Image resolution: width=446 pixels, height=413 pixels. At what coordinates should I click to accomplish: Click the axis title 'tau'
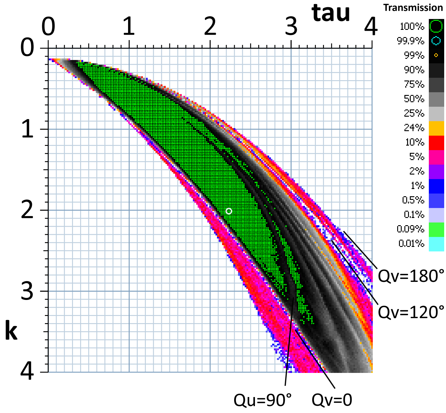(x=331, y=14)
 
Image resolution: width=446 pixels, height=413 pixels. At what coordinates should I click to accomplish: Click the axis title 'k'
(x=11, y=331)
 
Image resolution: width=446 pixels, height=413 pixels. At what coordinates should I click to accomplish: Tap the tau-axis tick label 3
(x=291, y=27)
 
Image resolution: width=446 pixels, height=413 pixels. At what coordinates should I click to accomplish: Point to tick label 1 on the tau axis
(x=129, y=27)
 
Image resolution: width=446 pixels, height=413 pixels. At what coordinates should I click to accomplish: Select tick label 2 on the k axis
(x=27, y=210)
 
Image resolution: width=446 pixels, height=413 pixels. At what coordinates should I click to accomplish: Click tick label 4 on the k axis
(x=27, y=373)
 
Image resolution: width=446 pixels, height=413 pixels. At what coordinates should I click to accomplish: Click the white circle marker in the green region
(x=229, y=211)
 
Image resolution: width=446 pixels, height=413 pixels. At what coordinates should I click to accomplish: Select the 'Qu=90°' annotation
(x=263, y=400)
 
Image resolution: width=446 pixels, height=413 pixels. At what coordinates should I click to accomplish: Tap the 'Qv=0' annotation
(x=332, y=400)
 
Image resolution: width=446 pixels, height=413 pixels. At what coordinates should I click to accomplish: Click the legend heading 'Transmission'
(x=413, y=8)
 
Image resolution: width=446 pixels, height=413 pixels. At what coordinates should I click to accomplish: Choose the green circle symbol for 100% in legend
(x=436, y=26)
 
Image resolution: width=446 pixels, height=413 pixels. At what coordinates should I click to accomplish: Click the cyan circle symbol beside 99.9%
(x=436, y=41)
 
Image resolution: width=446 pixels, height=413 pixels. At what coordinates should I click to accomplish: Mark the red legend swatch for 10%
(x=436, y=143)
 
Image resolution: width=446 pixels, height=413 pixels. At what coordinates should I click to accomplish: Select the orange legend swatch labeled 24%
(x=436, y=128)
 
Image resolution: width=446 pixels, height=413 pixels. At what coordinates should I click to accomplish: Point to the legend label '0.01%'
(x=411, y=244)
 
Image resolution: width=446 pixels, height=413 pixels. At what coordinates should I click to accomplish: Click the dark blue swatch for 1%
(x=436, y=186)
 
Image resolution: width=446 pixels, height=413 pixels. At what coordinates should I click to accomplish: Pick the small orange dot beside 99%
(x=436, y=55)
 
